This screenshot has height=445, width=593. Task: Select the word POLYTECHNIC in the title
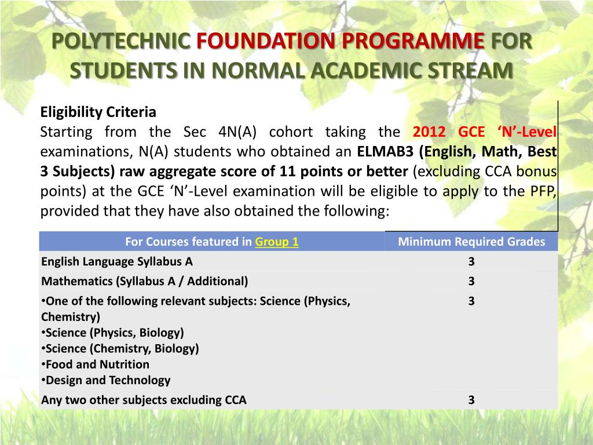pos(122,42)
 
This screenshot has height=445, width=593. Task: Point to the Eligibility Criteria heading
pos(98,112)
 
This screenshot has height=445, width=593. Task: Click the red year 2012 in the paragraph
pos(430,132)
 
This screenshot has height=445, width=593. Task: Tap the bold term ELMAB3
pos(386,152)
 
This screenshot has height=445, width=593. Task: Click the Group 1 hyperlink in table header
pos(277,242)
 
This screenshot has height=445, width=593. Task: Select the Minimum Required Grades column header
pos(471,242)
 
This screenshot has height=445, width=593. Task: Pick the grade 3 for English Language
pos(471,261)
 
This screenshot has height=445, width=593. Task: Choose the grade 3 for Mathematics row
pos(471,281)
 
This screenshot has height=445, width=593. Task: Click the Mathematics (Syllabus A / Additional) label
pos(145,281)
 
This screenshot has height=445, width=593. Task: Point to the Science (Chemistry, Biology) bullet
pos(122,348)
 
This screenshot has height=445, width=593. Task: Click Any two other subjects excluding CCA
pos(144,400)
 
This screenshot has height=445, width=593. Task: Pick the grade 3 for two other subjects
pos(471,400)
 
